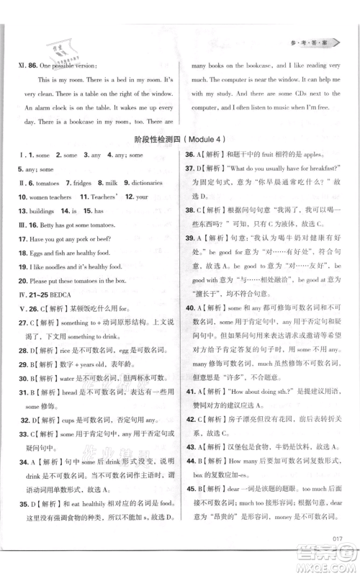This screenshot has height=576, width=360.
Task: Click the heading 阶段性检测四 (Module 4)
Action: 179,159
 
